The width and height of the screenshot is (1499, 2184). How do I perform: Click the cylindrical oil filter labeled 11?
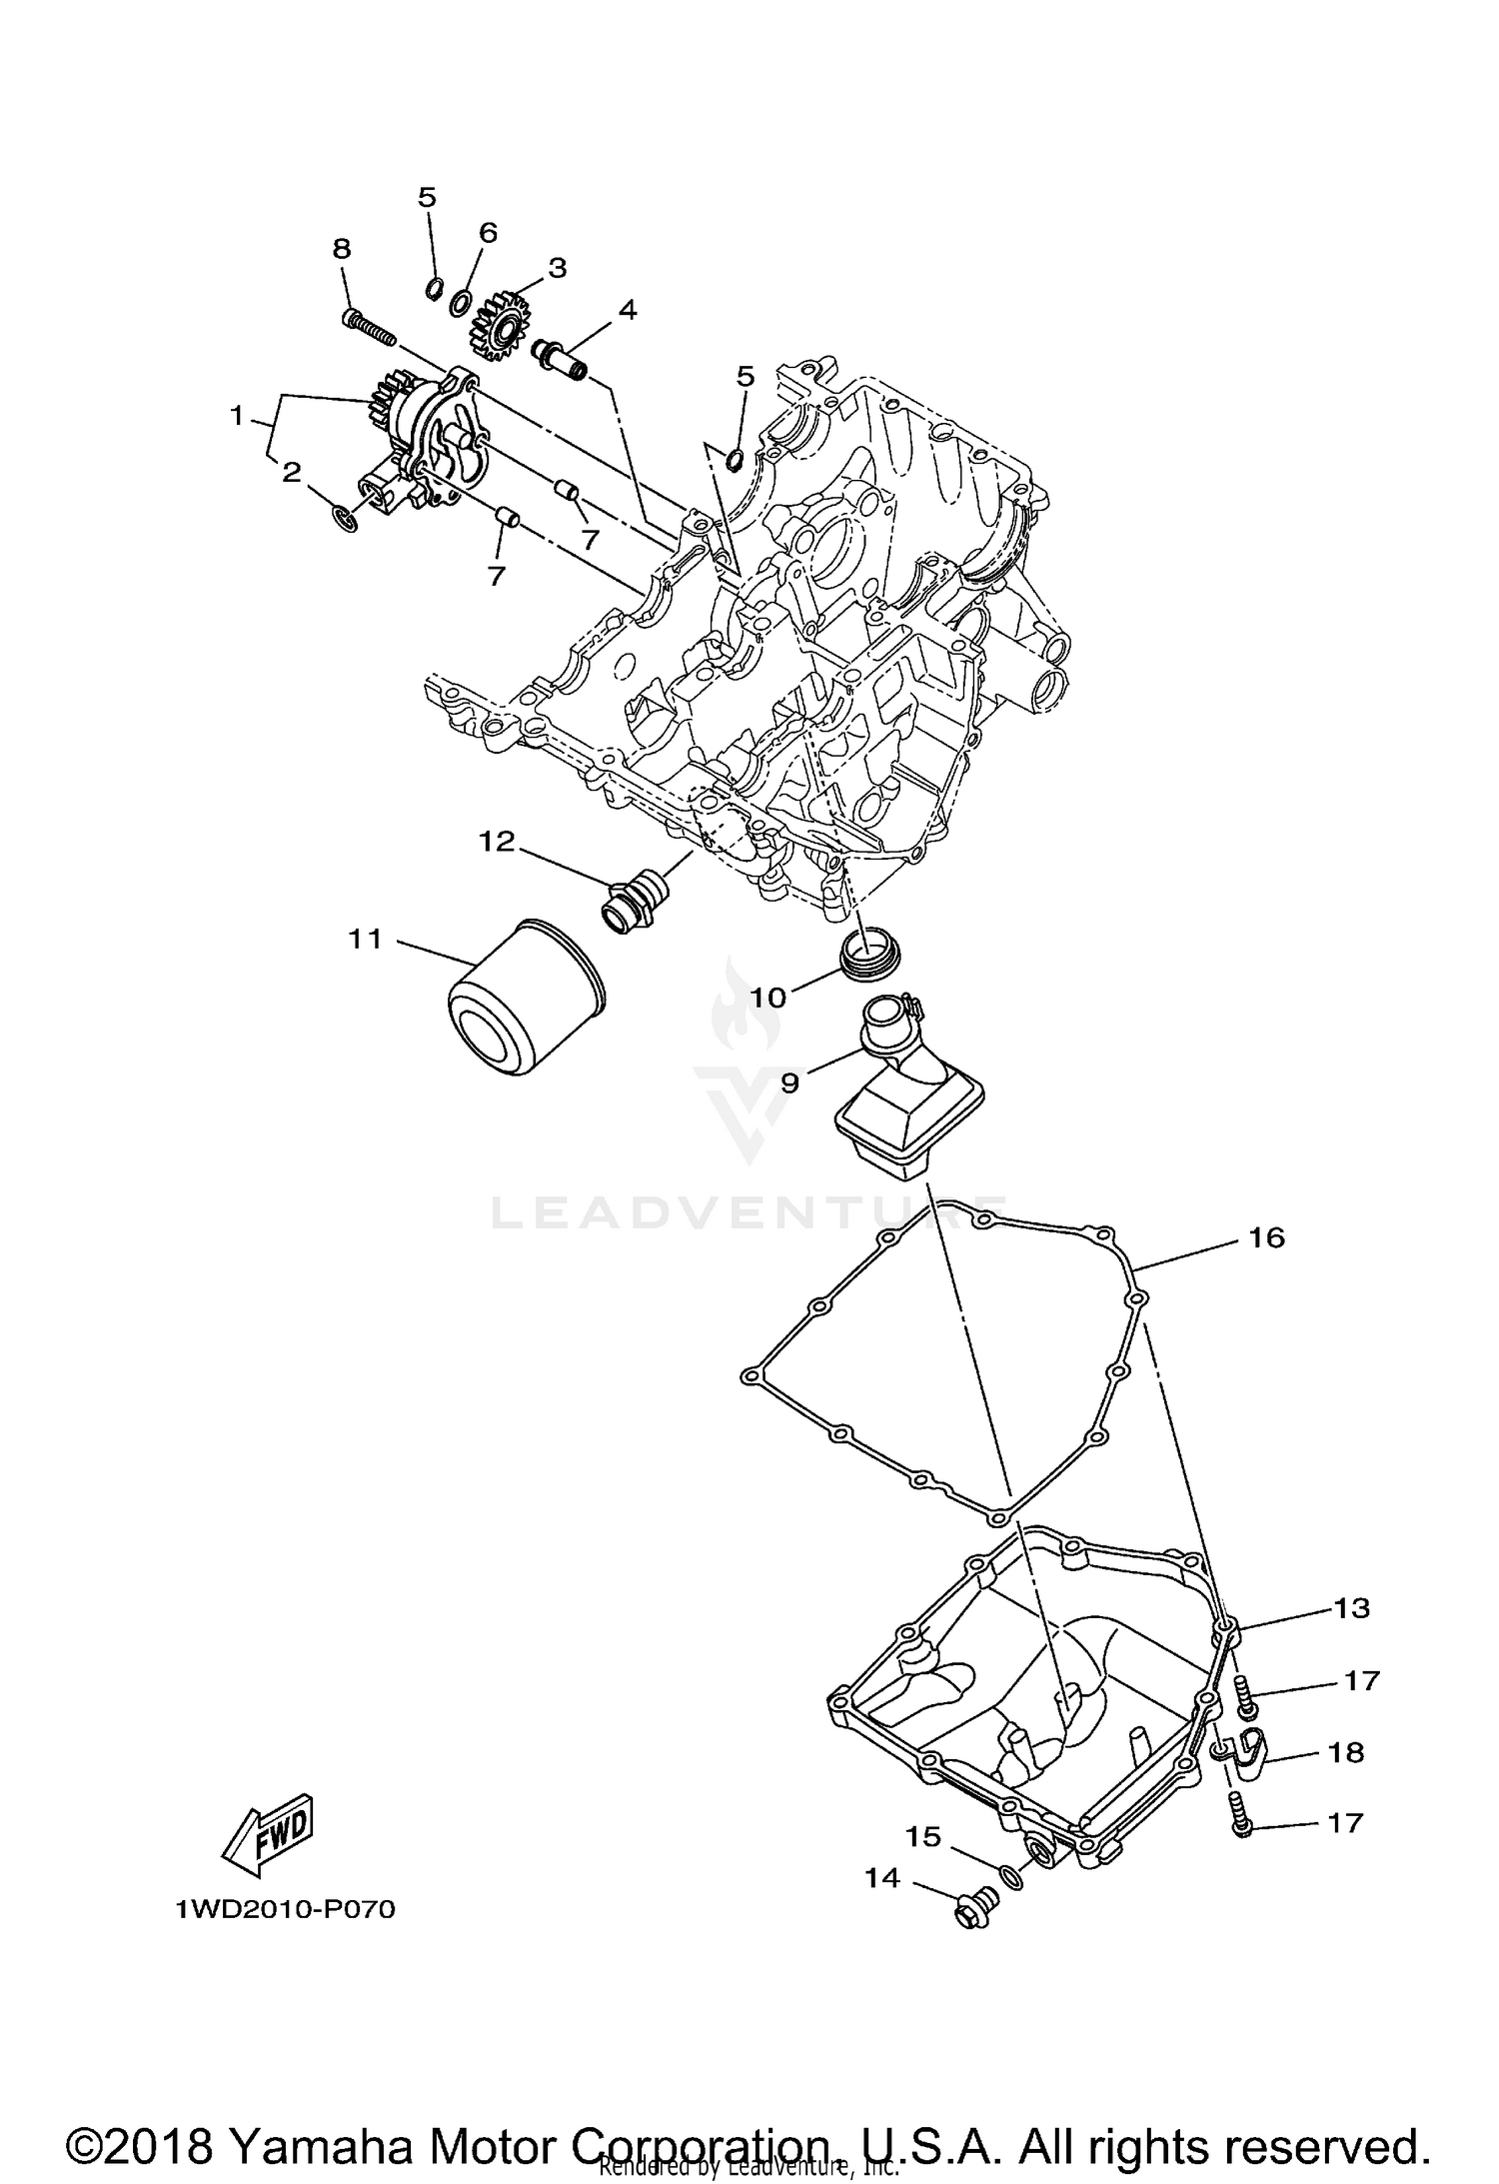525,1000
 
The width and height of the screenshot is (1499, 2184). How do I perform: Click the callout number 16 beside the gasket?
1266,1237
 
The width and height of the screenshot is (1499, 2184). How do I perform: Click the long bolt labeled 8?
369,325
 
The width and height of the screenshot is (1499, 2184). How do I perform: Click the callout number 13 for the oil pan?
1350,1608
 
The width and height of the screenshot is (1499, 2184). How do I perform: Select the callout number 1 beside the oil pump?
237,414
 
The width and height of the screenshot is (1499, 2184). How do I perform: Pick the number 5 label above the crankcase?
745,376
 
